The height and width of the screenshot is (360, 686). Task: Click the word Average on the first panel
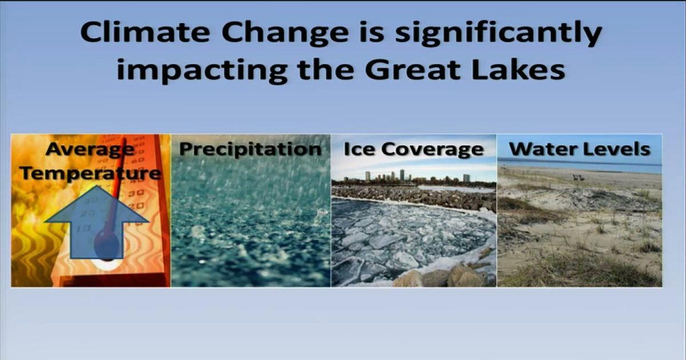[x=90, y=150]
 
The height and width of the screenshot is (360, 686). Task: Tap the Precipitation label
[x=250, y=150]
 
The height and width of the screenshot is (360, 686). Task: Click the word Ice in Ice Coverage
[x=358, y=150]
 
